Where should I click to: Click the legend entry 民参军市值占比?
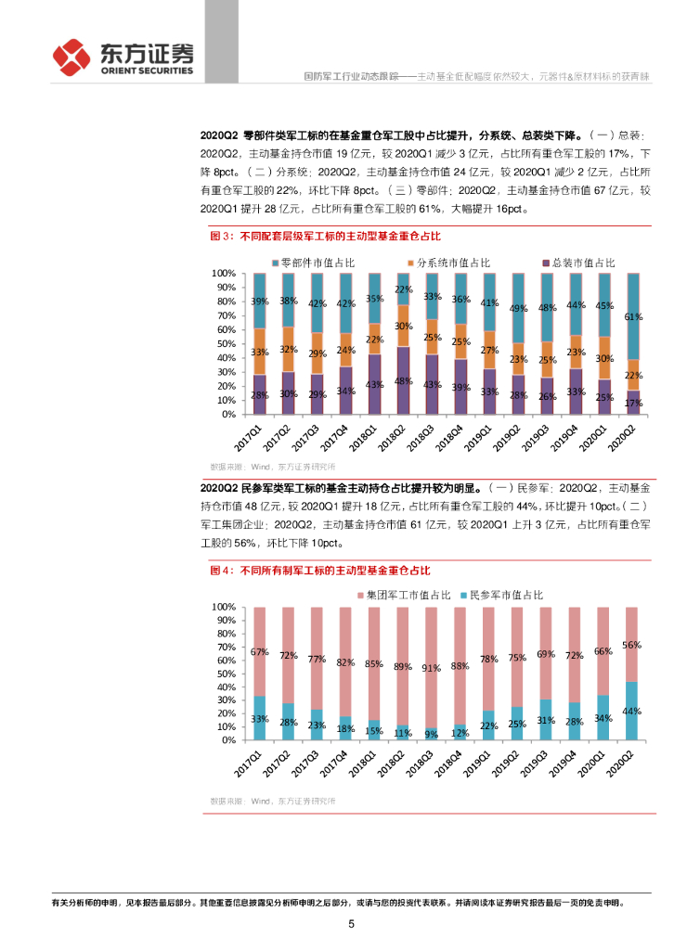pyautogui.click(x=507, y=594)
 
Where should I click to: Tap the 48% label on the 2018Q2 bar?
pyautogui.click(x=403, y=381)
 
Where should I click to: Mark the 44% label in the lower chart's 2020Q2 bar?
pyautogui.click(x=632, y=711)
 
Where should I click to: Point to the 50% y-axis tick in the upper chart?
pyautogui.click(x=224, y=344)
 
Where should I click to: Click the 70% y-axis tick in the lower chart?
pyautogui.click(x=224, y=647)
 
